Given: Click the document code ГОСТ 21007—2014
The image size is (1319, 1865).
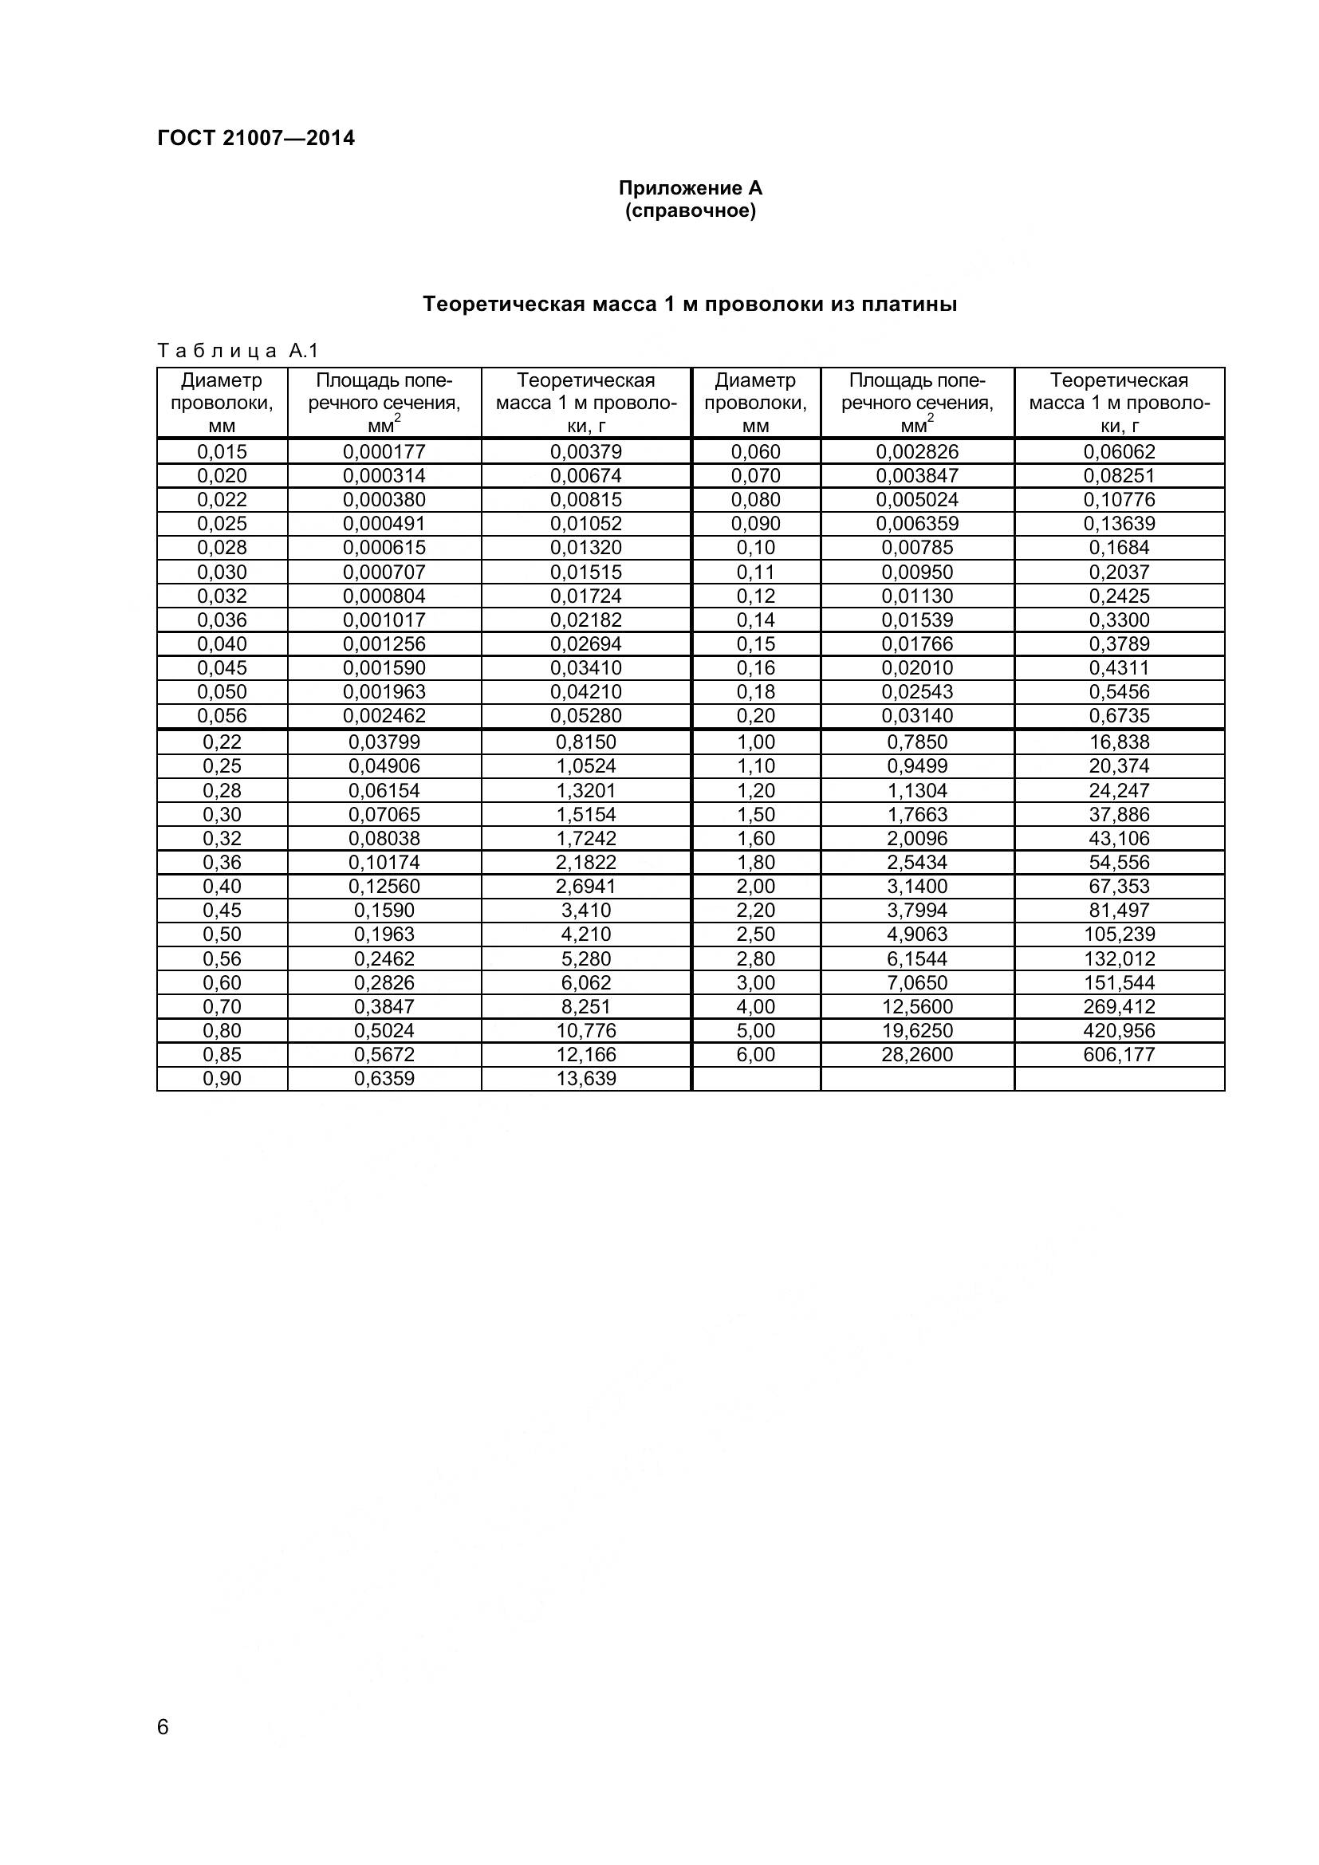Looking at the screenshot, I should coord(256,138).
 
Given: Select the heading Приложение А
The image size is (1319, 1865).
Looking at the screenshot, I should coord(691,188).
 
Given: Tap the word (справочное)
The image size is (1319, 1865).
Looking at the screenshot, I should coord(691,211).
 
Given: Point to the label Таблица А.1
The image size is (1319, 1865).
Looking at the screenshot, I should coord(238,351).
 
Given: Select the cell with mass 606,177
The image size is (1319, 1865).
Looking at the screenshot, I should coord(1118,1054).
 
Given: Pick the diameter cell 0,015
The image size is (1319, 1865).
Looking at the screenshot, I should coord(222,451).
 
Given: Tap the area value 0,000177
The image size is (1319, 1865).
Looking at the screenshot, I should coord(384,451).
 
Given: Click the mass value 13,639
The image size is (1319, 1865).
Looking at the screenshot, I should coord(585,1079).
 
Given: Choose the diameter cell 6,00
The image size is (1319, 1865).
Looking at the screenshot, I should coord(755,1054).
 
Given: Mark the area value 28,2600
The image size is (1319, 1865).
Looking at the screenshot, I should coord(917,1054).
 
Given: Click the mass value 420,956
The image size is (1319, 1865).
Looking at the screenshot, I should coord(1118,1031).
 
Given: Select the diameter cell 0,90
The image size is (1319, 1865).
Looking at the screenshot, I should coord(222,1079).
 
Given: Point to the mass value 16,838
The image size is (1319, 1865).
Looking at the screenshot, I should coord(1118,742).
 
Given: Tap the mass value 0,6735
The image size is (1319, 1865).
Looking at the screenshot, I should coord(1118,715).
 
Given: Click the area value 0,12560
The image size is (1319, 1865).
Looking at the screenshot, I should coord(384,886).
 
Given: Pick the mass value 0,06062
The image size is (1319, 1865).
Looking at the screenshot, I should coord(1118,451).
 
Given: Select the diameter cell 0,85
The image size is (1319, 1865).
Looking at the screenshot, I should coord(222,1054).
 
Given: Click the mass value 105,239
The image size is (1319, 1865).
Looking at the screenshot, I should coord(1118,934).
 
